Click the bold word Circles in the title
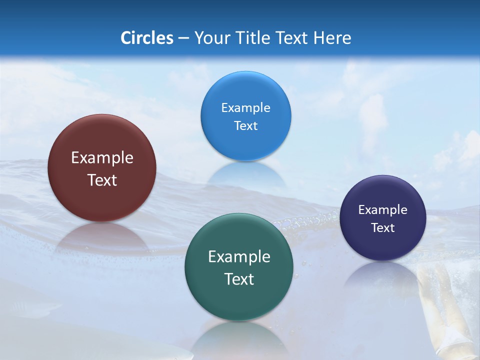pos(147,38)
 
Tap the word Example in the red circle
pos(102,158)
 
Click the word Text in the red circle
pos(102,180)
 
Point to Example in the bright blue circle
pos(245,108)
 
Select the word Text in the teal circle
pos(239,279)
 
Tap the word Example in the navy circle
pos(383,210)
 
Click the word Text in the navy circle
pos(383,228)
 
